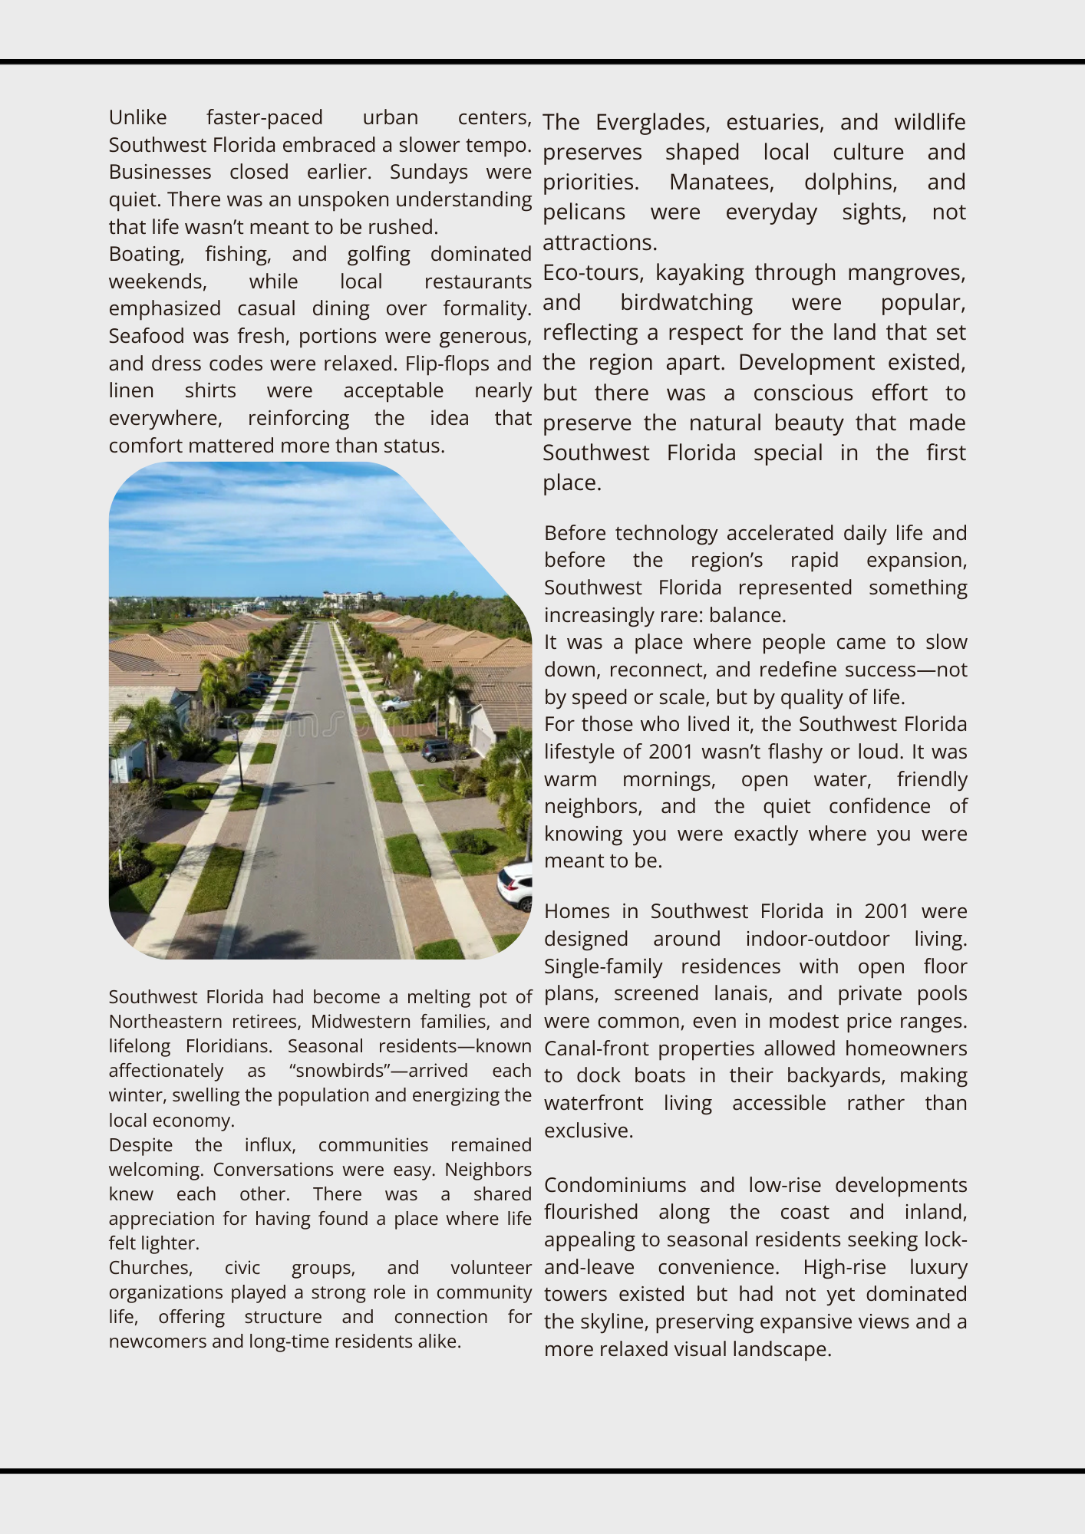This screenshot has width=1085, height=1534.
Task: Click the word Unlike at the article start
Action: (137, 117)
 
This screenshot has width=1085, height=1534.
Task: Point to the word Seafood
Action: (147, 336)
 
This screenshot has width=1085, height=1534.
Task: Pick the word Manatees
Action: (721, 182)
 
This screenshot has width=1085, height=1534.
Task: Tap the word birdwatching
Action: (686, 302)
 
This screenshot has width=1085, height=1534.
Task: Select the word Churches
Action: (150, 1268)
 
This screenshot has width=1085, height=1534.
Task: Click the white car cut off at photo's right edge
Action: (516, 885)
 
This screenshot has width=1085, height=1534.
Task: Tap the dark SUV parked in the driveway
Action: (440, 749)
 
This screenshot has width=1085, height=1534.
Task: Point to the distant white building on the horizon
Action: (353, 597)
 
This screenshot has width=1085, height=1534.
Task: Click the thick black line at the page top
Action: (542, 61)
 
